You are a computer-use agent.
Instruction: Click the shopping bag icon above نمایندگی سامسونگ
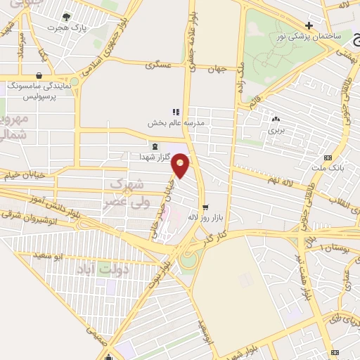click(x=37, y=75)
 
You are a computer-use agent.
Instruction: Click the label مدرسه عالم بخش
click(x=175, y=122)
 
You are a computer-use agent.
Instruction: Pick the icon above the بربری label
click(x=275, y=119)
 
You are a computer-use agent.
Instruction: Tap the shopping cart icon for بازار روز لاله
click(x=205, y=207)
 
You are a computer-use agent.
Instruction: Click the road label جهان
click(x=217, y=68)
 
